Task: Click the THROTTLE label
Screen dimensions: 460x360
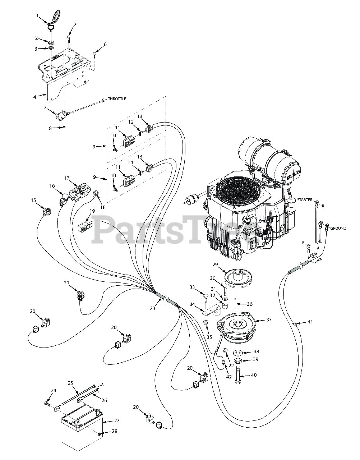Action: (x=117, y=99)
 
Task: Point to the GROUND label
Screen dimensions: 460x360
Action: (x=338, y=228)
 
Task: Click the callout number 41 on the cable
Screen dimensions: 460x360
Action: (x=310, y=322)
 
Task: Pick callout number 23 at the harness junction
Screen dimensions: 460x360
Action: (x=152, y=308)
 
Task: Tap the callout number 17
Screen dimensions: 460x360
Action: (x=66, y=178)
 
